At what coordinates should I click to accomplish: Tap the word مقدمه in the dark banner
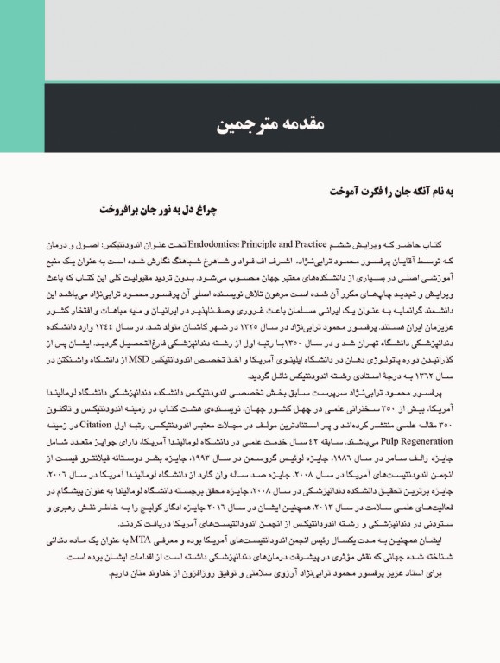click(x=279, y=127)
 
